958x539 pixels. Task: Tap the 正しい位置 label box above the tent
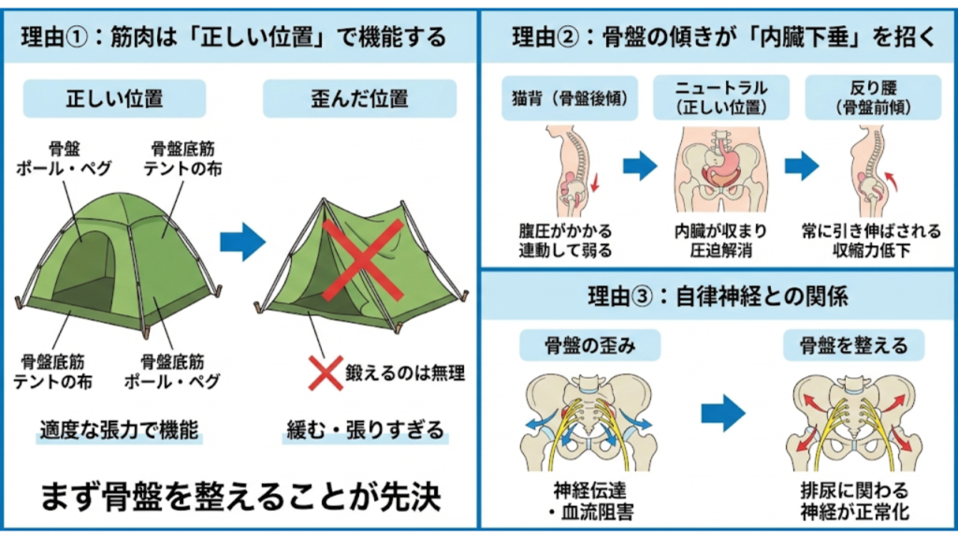click(x=114, y=98)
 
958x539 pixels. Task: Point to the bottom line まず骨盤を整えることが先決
click(x=239, y=496)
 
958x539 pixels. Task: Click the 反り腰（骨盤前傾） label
click(x=872, y=98)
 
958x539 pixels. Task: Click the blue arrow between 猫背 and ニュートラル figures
click(x=641, y=168)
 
